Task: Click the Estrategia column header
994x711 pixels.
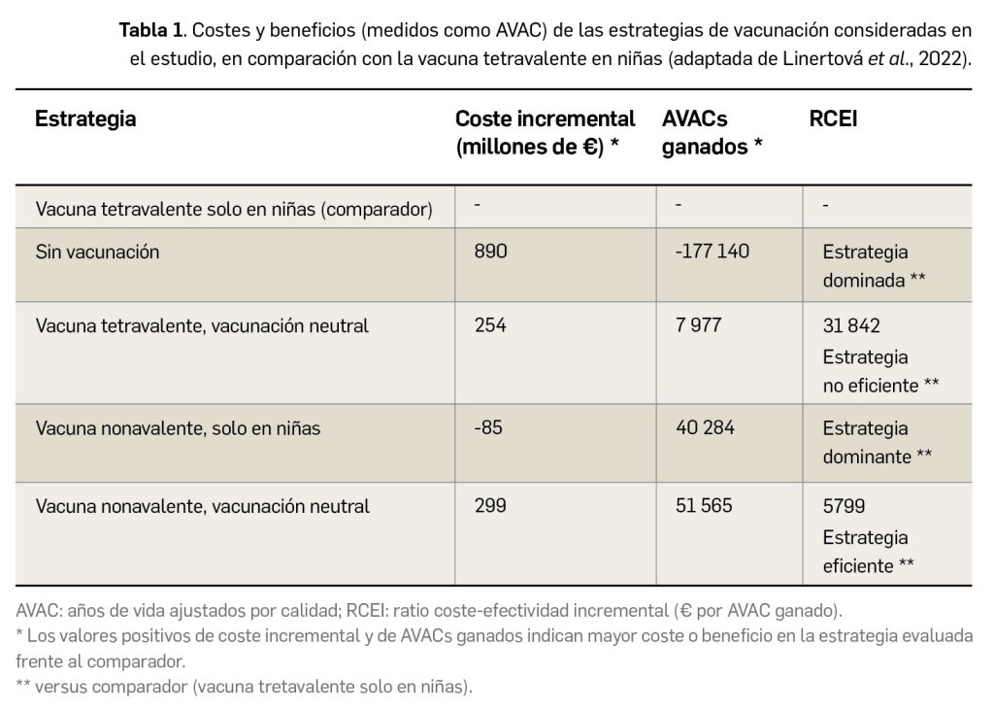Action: [x=85, y=119]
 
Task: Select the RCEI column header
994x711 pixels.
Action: [x=833, y=119]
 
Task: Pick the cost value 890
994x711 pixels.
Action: [x=490, y=252]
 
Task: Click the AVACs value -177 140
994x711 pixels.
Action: [x=712, y=252]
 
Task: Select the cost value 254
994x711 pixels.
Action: [x=490, y=325]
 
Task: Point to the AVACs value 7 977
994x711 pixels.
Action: [x=698, y=325]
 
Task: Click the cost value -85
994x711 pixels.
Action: [x=488, y=427]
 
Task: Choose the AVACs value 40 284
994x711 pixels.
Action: [x=704, y=427]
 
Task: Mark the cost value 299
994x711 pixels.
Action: [x=490, y=506]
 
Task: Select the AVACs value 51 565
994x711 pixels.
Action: [x=704, y=506]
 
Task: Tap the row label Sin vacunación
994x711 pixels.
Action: [x=97, y=252]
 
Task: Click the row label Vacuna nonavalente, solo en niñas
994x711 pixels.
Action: [x=178, y=427]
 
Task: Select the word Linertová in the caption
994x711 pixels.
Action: [x=824, y=57]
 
